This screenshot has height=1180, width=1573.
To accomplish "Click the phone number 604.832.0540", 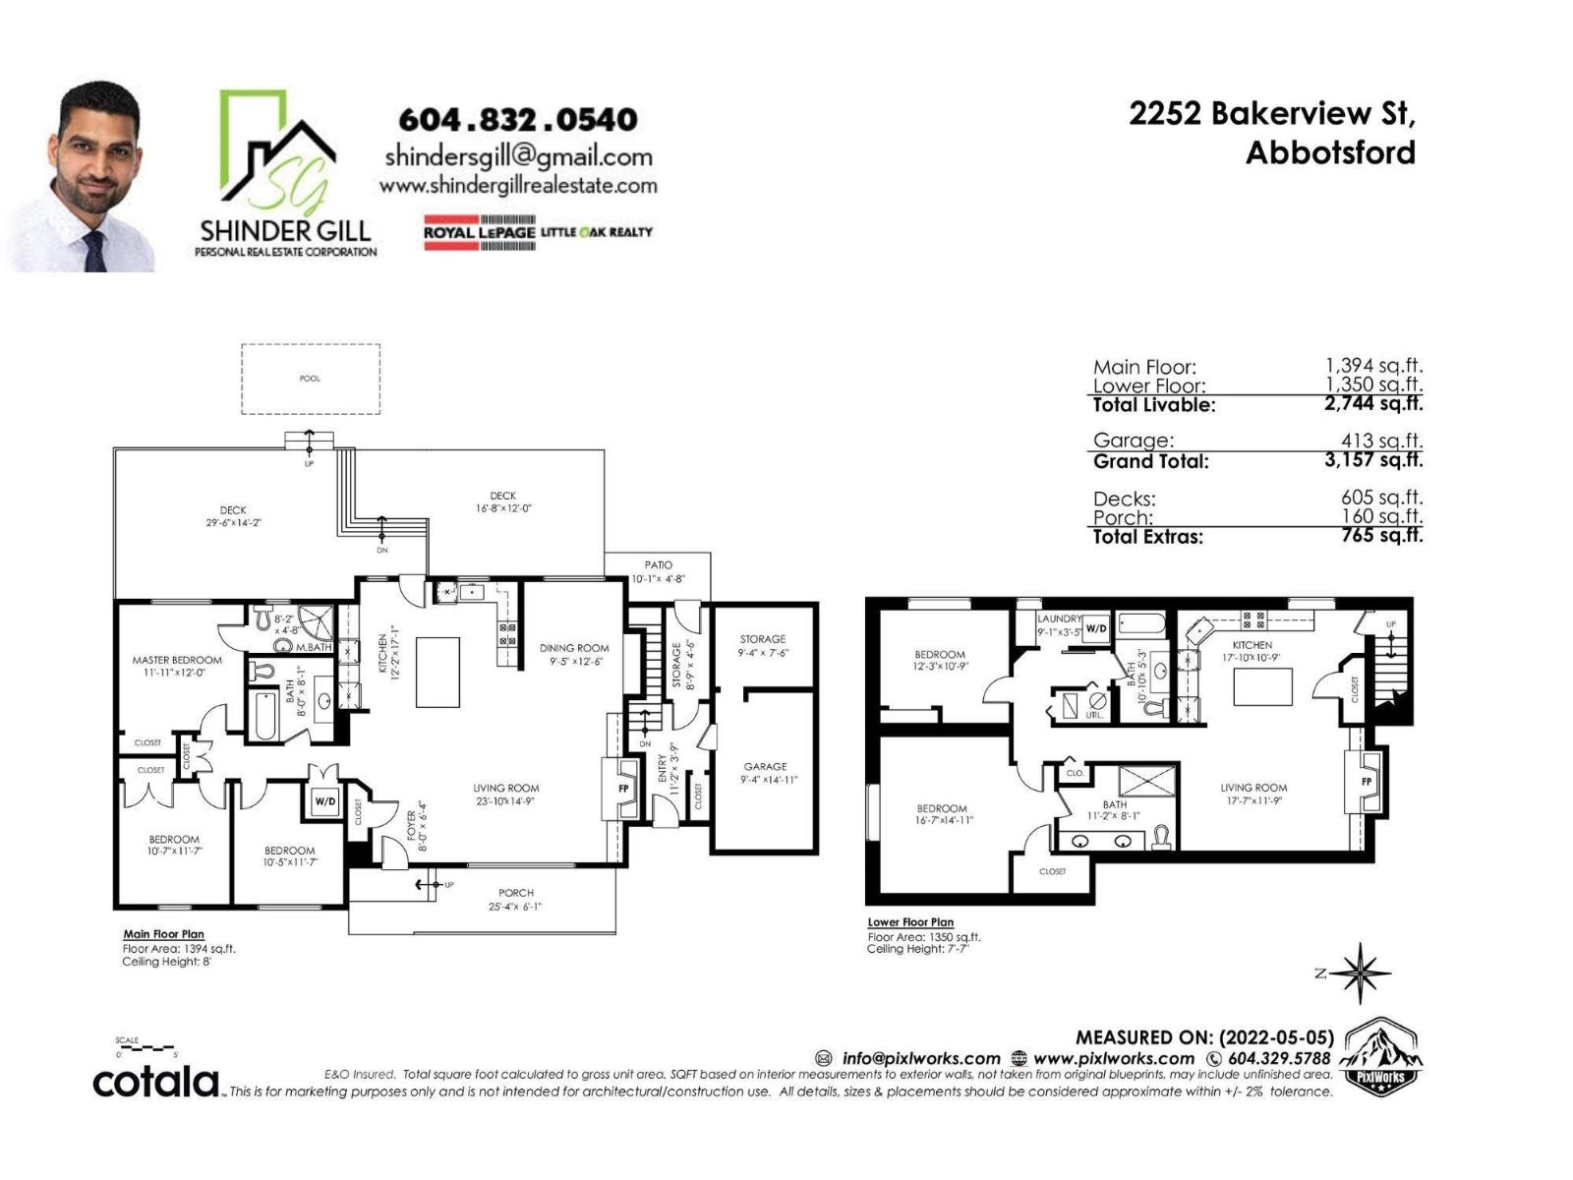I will (x=517, y=120).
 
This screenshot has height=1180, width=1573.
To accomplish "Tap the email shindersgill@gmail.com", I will (x=518, y=156).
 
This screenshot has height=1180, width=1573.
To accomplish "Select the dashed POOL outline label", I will (x=310, y=379).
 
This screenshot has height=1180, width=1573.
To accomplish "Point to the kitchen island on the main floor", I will (x=437, y=672).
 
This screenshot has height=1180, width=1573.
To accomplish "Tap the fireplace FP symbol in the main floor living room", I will (x=622, y=789).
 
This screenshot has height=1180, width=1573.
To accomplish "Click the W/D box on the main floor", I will (x=324, y=801).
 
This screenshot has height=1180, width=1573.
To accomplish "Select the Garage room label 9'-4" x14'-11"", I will (x=765, y=773).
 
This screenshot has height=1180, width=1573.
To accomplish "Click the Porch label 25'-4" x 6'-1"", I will (x=515, y=900).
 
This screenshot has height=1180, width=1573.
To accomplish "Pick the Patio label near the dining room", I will (x=658, y=571).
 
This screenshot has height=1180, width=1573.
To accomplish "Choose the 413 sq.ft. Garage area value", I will (x=1381, y=442).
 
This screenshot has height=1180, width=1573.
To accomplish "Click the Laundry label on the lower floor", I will (x=1059, y=619).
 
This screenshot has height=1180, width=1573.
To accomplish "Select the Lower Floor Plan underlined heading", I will (x=910, y=922).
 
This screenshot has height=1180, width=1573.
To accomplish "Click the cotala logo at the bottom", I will (x=155, y=1082).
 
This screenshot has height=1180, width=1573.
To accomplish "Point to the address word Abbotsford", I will (x=1330, y=153).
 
